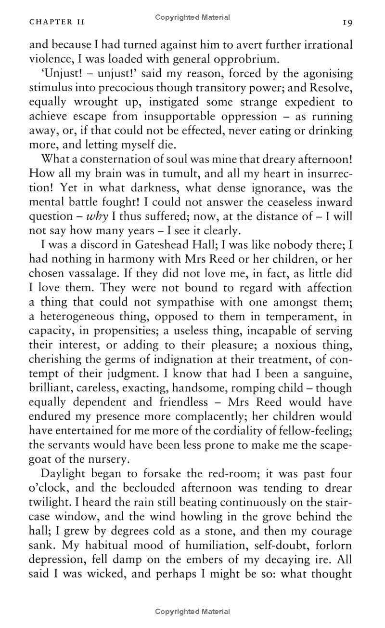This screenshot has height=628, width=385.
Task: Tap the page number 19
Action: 347,23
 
